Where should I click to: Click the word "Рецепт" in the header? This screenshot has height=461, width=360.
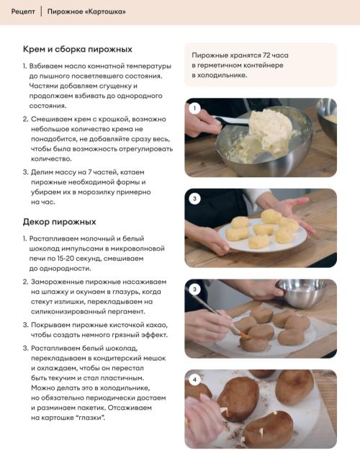click(23, 12)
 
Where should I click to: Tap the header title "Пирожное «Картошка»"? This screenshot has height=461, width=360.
click(86, 12)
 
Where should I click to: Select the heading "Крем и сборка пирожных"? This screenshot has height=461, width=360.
click(78, 49)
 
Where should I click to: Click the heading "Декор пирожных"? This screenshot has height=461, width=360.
click(59, 222)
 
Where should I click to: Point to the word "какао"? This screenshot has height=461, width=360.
click(157, 325)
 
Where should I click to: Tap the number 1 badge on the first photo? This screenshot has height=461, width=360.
click(194, 108)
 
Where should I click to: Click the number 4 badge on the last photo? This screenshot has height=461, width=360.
click(194, 380)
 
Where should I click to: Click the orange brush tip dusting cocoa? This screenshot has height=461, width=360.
click(244, 334)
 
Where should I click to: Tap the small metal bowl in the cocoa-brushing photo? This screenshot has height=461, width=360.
click(302, 292)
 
